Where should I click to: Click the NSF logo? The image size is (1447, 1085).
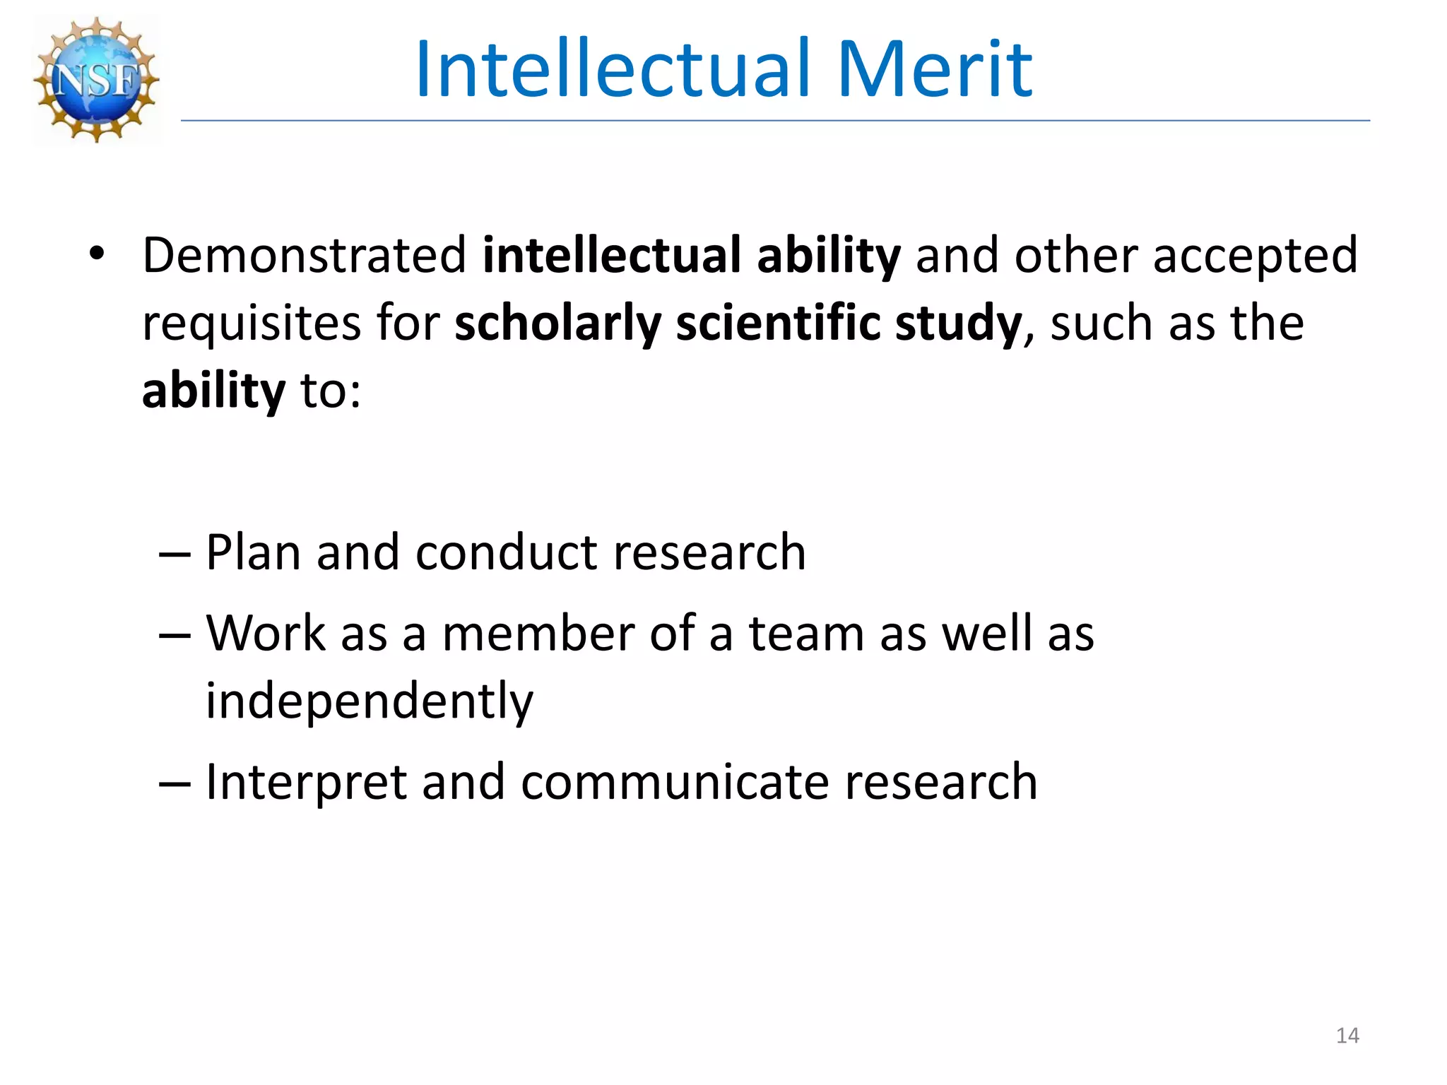(x=97, y=80)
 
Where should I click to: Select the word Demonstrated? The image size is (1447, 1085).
(x=305, y=255)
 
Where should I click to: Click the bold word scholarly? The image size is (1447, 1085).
(x=557, y=323)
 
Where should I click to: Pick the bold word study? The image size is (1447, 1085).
(x=958, y=324)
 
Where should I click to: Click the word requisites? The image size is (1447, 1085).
(x=252, y=324)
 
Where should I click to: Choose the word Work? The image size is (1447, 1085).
(x=266, y=633)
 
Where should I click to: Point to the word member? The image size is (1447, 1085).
(x=538, y=633)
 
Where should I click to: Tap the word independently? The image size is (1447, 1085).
(x=370, y=701)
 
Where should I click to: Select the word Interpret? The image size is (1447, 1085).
(x=306, y=783)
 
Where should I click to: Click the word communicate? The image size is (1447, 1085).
(x=675, y=782)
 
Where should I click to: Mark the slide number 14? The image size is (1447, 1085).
(x=1347, y=1036)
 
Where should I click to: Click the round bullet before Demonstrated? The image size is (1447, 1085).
(x=97, y=253)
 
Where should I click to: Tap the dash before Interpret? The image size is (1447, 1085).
(x=175, y=783)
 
